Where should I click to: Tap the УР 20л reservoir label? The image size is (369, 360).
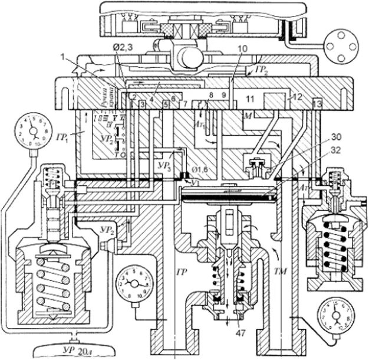[71, 352]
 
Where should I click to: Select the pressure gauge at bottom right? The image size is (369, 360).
[332, 319]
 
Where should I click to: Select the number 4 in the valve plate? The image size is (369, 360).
[151, 100]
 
